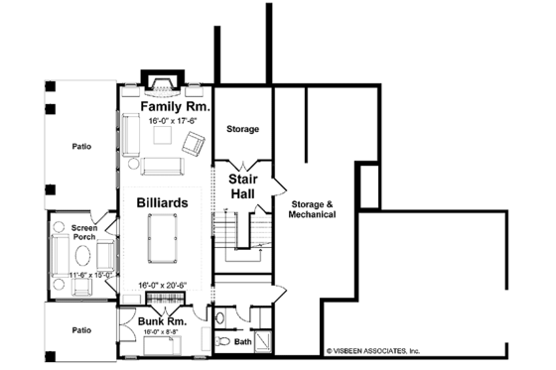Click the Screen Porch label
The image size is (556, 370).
click(83, 233)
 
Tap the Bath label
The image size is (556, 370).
click(242, 341)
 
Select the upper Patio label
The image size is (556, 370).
click(81, 147)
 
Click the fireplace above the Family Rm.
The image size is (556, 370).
click(159, 79)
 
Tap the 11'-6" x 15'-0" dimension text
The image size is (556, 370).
click(82, 274)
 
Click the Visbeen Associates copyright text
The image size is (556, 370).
click(373, 350)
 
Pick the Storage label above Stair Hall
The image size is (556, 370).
click(243, 129)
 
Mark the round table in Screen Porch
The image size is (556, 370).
click(82, 256)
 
